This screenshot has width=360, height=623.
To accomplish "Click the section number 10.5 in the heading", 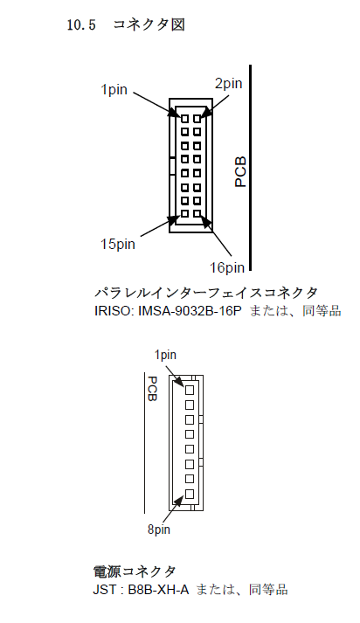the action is click(81, 25).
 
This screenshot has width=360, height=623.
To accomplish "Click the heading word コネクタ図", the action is click(149, 24).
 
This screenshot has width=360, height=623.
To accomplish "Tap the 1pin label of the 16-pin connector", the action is click(114, 89).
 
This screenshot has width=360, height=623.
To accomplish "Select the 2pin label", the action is click(228, 83).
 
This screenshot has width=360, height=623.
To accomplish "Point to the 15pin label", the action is click(118, 244).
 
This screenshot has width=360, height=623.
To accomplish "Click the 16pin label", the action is click(227, 267).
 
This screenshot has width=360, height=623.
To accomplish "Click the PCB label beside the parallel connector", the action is click(240, 171).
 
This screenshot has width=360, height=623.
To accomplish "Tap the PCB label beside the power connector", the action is click(152, 389).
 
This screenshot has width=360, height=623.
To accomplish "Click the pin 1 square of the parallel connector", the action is click(184, 119).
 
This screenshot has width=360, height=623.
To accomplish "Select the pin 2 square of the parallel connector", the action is click(197, 119).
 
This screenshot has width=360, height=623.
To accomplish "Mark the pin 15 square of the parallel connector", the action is click(184, 213).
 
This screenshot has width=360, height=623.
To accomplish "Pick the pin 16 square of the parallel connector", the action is click(197, 213).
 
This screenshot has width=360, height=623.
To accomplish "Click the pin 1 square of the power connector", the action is click(190, 390).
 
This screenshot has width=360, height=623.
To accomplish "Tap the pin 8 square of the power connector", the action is click(190, 494).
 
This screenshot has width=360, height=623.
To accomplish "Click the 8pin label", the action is click(159, 530).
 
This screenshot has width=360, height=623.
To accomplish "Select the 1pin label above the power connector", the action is click(165, 355).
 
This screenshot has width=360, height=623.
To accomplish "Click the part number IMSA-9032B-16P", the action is click(190, 310).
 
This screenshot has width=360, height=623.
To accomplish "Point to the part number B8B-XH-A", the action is click(158, 590).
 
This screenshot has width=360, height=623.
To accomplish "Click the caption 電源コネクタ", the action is click(135, 571).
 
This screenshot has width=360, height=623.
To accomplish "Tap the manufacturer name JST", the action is click(102, 590).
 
